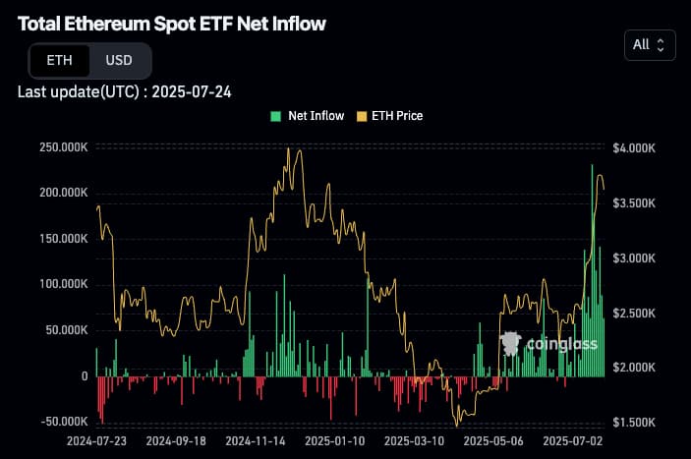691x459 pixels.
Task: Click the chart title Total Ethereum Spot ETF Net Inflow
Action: [172, 23]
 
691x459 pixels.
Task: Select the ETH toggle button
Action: [59, 61]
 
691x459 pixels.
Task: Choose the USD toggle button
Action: [119, 61]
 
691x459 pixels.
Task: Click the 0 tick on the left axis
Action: [85, 376]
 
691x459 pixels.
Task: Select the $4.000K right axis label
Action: [634, 147]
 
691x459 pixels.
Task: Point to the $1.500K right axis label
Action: [634, 422]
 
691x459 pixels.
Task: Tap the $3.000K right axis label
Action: [634, 258]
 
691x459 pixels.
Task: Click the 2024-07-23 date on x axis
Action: [96, 442]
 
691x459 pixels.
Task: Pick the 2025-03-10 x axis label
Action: [414, 442]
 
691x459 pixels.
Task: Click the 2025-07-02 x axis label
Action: [573, 442]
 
